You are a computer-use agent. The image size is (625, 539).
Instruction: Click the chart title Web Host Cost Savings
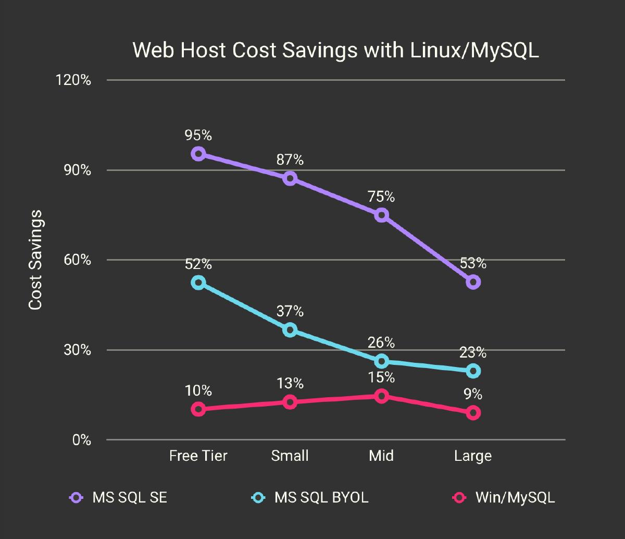[335, 51]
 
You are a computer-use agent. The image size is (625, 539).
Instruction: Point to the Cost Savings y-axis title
[35, 260]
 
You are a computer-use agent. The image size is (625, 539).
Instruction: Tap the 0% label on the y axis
[81, 440]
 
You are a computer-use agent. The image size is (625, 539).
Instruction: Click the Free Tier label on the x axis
[198, 456]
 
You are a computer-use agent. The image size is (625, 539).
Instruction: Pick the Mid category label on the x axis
[381, 456]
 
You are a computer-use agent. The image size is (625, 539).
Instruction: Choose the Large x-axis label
[473, 456]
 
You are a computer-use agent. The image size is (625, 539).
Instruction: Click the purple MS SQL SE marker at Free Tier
[198, 154]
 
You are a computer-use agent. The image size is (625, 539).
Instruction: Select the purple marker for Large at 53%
[473, 282]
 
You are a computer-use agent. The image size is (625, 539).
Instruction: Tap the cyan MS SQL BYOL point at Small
[290, 329]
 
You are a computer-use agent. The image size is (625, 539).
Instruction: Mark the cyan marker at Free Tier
[198, 283]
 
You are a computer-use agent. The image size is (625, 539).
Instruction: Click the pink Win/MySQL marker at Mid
[382, 396]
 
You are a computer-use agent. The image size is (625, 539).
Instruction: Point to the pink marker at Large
[473, 413]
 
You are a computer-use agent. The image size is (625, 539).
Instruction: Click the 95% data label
[198, 136]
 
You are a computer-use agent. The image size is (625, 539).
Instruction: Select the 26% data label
[381, 342]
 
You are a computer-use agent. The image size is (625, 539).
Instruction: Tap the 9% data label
[473, 395]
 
